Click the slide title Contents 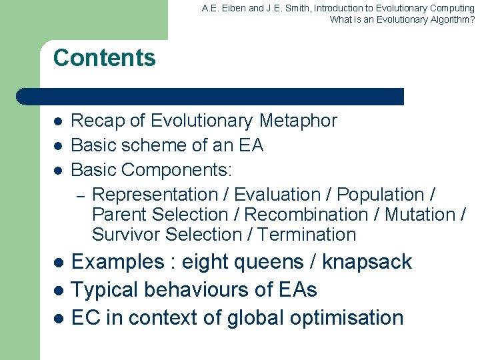[104, 58]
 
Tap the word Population [381, 195]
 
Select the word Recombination [307, 215]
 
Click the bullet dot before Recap [58, 121]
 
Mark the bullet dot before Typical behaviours [58, 291]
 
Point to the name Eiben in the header [231, 9]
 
